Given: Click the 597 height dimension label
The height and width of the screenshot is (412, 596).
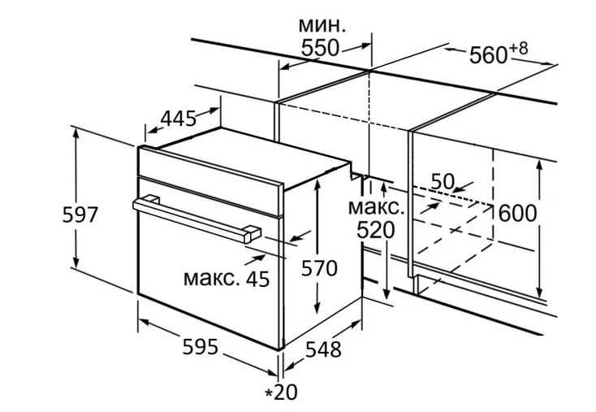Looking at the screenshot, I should [80, 215].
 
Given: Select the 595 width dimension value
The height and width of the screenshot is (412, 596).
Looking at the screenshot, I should [200, 347].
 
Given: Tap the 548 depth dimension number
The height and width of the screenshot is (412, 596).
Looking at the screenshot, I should [323, 349].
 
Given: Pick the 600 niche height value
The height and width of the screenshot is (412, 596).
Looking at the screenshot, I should [517, 213].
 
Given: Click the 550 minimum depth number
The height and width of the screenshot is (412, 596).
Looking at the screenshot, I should [320, 48].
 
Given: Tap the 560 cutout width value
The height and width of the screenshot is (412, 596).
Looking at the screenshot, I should [488, 55].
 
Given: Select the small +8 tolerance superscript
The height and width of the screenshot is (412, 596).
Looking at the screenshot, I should [518, 50].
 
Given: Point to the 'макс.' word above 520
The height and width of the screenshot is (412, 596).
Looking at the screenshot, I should [374, 206].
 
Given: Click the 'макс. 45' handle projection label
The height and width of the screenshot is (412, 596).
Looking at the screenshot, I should [227, 279].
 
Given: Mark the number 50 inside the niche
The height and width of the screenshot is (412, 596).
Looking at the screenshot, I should [442, 182].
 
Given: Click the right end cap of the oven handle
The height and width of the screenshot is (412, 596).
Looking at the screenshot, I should [248, 235].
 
